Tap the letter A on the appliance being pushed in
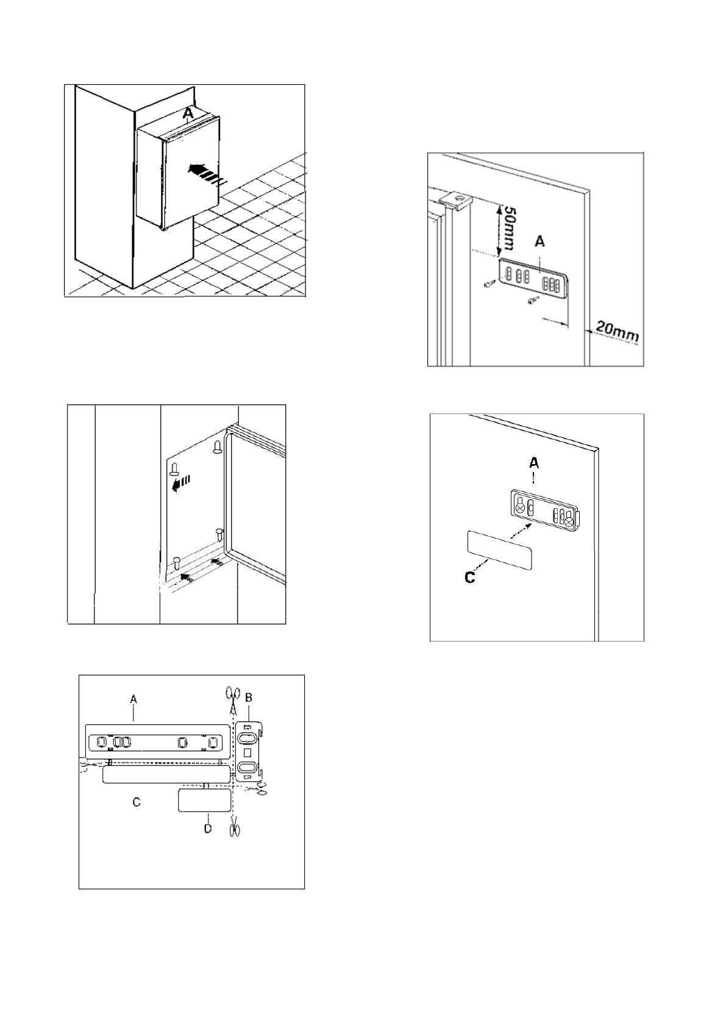pyautogui.click(x=188, y=113)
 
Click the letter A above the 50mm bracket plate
pyautogui.click(x=539, y=242)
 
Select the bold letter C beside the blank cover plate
pyautogui.click(x=470, y=577)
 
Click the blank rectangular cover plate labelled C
pyautogui.click(x=499, y=549)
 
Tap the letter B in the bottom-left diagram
pyautogui.click(x=249, y=697)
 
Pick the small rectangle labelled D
pyautogui.click(x=204, y=800)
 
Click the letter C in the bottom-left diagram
pyautogui.click(x=137, y=802)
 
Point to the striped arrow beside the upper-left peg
pyautogui.click(x=180, y=484)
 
